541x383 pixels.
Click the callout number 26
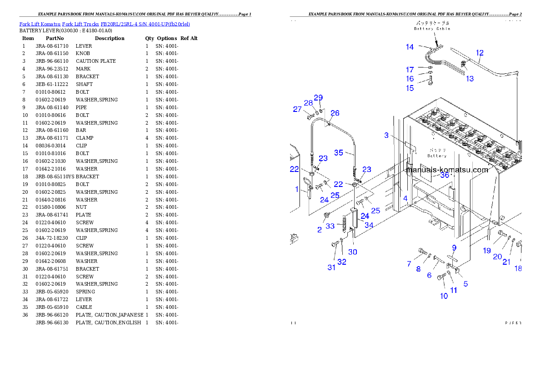(x=335, y=113)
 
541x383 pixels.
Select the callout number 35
(x=339, y=153)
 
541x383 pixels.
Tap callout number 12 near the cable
(x=480, y=53)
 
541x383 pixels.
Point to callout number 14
(x=410, y=47)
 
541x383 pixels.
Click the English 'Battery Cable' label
(x=432, y=29)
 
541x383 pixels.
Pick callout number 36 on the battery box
(x=444, y=175)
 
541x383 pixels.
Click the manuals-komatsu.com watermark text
(x=448, y=170)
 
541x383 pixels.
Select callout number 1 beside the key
(x=296, y=189)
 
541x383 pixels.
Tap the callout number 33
(x=330, y=226)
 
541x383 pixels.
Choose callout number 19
(x=487, y=251)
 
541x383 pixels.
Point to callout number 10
(x=444, y=296)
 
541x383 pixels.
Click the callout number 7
(x=409, y=264)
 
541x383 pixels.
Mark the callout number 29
(x=318, y=98)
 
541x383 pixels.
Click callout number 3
(x=386, y=135)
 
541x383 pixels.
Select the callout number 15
(x=410, y=88)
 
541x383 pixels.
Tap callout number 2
(x=319, y=230)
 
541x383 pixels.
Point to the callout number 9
(x=453, y=247)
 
